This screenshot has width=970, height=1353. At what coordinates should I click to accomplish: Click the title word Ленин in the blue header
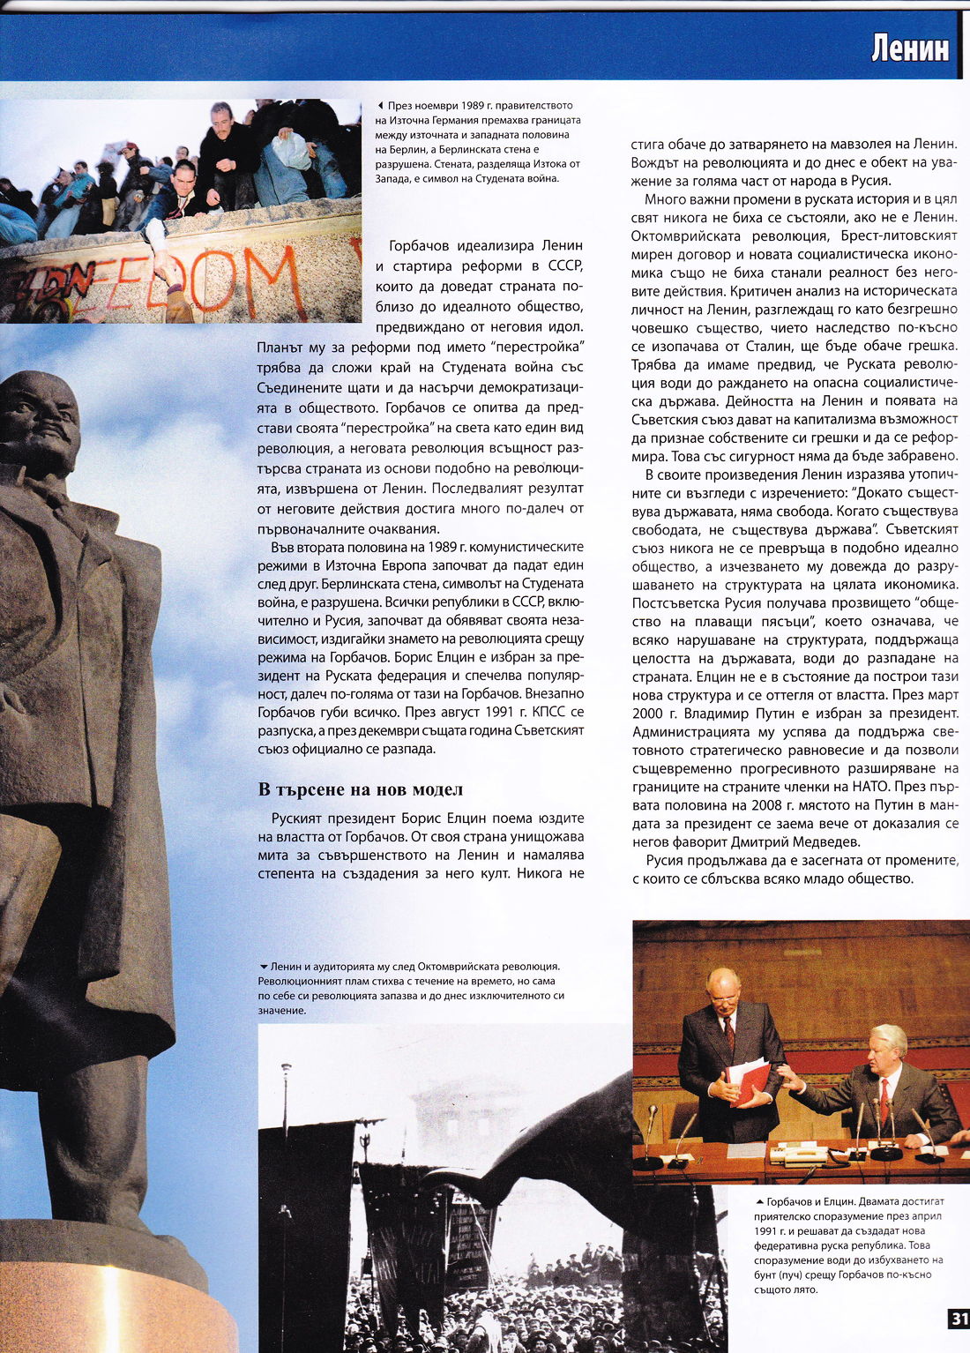coord(910,47)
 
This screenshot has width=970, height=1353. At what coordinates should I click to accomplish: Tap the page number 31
coord(958,1319)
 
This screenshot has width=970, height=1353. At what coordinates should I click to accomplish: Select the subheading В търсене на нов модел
coord(360,789)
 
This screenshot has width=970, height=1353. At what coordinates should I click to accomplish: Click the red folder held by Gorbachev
coord(748,1080)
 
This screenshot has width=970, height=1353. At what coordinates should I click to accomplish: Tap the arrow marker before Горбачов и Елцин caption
coord(759,1202)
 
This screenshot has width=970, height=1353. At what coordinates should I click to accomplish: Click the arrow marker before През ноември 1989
coord(380,106)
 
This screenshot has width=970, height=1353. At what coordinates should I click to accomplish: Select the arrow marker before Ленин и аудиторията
coord(263,967)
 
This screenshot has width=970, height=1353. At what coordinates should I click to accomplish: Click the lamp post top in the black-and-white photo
coord(286,1070)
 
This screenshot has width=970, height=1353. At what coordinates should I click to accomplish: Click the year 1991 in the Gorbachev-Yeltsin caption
coord(767,1231)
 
